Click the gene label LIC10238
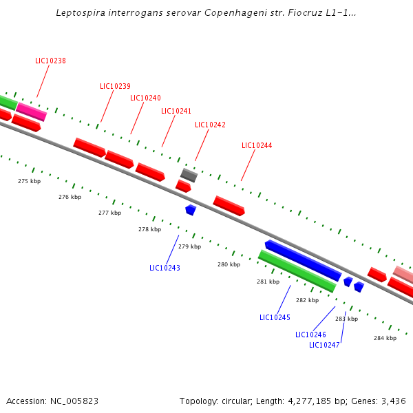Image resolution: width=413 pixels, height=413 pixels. tap(50, 61)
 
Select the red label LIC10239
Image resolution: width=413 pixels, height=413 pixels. tap(115, 86)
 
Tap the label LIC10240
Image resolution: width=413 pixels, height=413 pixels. tap(145, 98)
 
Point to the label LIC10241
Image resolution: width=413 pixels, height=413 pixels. tap(176, 111)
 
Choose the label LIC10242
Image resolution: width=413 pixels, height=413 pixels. tap(210, 125)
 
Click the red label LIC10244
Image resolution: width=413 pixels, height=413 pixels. tap(257, 145)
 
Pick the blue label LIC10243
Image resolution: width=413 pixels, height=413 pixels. tap(165, 268)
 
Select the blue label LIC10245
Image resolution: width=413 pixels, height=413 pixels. tap(275, 317)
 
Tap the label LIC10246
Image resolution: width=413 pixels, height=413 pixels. tap(310, 335)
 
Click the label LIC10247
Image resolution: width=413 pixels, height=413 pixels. tap(324, 345)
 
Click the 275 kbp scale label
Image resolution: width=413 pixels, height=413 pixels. tap(29, 181)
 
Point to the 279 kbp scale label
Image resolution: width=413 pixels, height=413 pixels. tap(189, 246)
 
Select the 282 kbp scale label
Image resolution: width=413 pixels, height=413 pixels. tap(307, 300)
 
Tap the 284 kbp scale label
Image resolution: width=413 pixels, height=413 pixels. tap(385, 338)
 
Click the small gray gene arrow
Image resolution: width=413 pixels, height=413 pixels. tap(189, 175)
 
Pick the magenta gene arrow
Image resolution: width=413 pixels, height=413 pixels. tap(31, 111)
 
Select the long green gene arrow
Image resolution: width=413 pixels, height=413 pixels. tap(297, 271)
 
